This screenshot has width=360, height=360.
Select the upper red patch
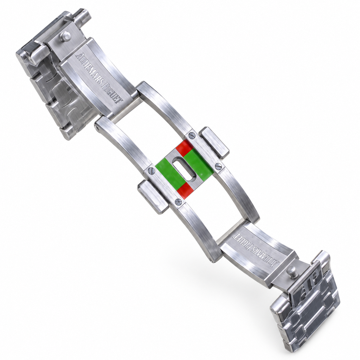tap(184, 147)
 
